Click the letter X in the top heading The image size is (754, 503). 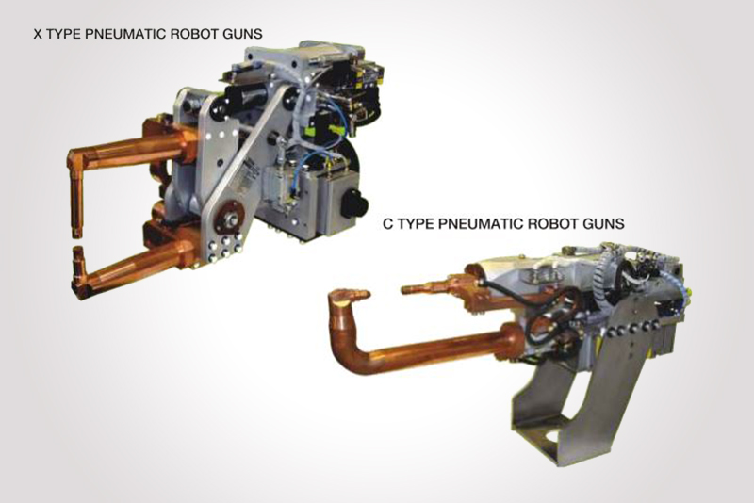coord(38,34)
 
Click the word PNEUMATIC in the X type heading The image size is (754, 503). coord(126,34)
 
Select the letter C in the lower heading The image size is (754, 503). coord(388,224)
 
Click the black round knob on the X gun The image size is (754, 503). coord(355,203)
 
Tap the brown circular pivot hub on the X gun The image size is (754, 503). coord(228,219)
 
